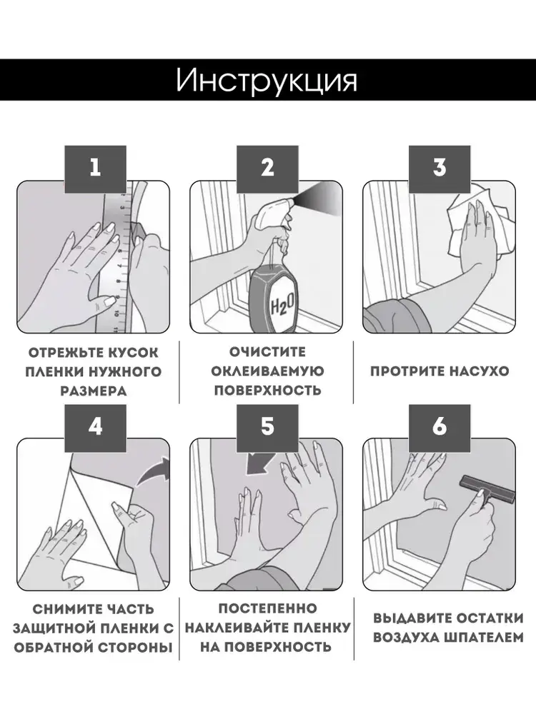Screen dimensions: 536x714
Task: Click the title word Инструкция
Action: point(267,81)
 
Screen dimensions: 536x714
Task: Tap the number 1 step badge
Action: point(95,169)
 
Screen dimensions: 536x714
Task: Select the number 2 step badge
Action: point(267,169)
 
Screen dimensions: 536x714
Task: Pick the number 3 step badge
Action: point(440,169)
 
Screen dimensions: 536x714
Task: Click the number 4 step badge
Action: point(95,427)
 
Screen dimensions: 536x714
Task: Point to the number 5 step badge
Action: point(267,427)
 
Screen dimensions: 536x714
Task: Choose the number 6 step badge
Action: point(440,427)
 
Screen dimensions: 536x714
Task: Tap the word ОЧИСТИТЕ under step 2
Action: point(267,352)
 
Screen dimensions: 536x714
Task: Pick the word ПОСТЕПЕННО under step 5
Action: point(267,608)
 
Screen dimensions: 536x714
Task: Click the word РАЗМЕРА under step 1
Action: point(94,391)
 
